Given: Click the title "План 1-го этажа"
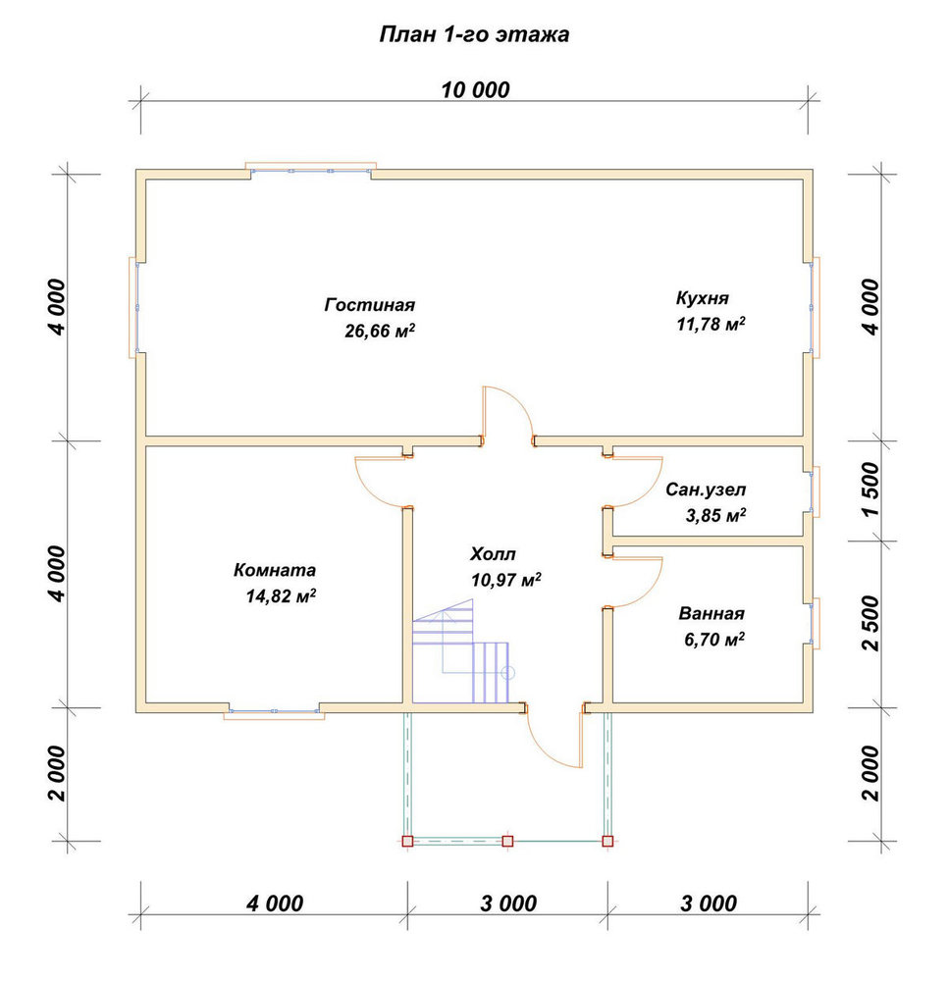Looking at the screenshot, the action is point(474,33).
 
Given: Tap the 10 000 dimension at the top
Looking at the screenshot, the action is point(475,90).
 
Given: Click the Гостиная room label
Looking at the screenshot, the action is point(370,305).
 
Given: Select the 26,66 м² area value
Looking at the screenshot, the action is point(380,331).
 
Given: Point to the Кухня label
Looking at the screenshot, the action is point(702,298).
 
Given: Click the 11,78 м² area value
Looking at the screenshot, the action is point(711,324).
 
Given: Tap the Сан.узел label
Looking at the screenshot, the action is point(706,490).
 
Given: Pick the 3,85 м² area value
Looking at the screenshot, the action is point(715,516).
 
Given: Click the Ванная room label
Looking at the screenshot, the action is point(711,613).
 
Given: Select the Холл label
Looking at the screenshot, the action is point(493,554).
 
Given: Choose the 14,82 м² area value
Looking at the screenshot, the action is point(281,595).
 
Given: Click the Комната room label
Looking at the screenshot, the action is point(275,570).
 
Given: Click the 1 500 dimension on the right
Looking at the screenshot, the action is point(870,490).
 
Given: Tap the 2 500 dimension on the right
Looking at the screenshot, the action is point(870,623).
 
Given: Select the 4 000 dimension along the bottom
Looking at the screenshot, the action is point(275,903).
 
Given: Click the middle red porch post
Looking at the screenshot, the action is point(507,841).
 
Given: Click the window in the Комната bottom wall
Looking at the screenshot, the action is point(274,712).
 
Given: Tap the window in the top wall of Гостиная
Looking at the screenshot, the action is point(310,169).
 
